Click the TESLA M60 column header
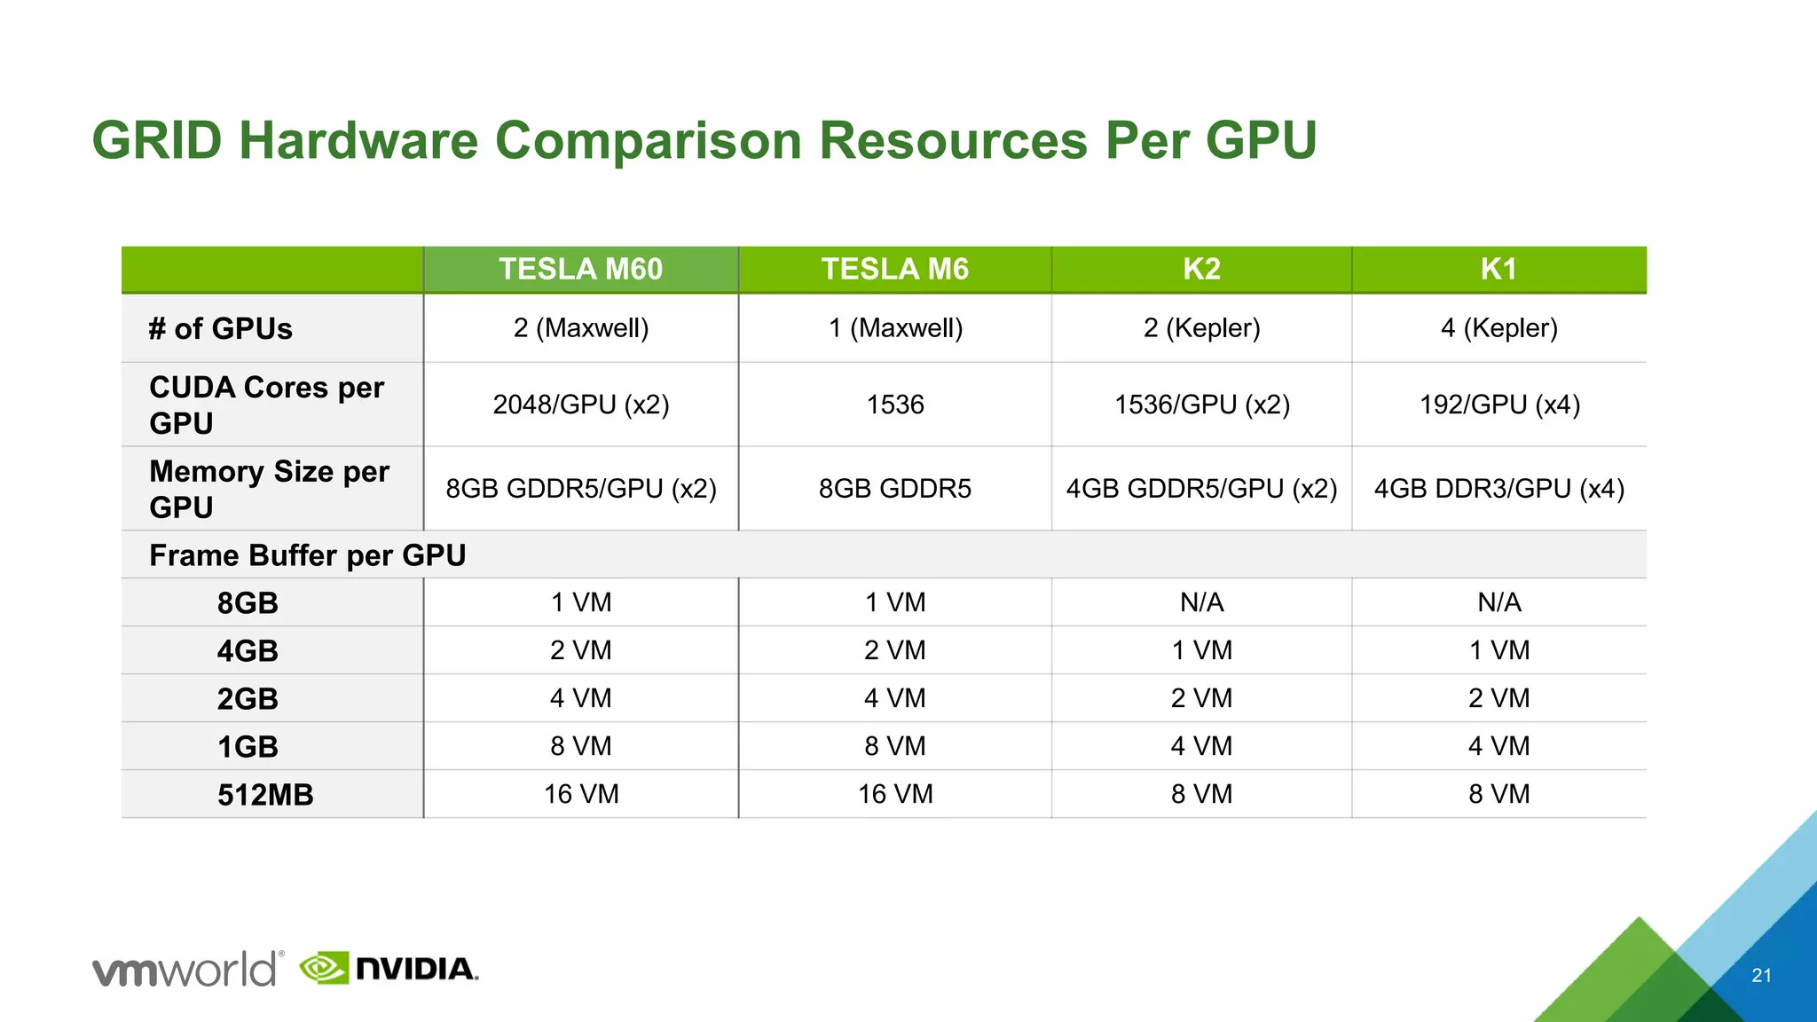click(580, 269)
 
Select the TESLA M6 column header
click(894, 269)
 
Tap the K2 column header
click(1201, 269)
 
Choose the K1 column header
click(1498, 269)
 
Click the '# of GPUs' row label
click(220, 329)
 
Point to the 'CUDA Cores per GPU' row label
click(266, 405)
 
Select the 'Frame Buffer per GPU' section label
click(307, 555)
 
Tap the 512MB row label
click(265, 795)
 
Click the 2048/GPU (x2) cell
click(580, 405)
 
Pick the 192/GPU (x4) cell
click(1499, 405)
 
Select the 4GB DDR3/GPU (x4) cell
click(1499, 489)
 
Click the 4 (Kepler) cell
click(1499, 328)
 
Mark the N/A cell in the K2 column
click(1201, 603)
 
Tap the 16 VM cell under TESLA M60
click(580, 794)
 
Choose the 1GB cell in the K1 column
click(1499, 746)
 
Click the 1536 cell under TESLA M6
click(894, 405)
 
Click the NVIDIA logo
click(389, 968)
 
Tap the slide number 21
click(1761, 976)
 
